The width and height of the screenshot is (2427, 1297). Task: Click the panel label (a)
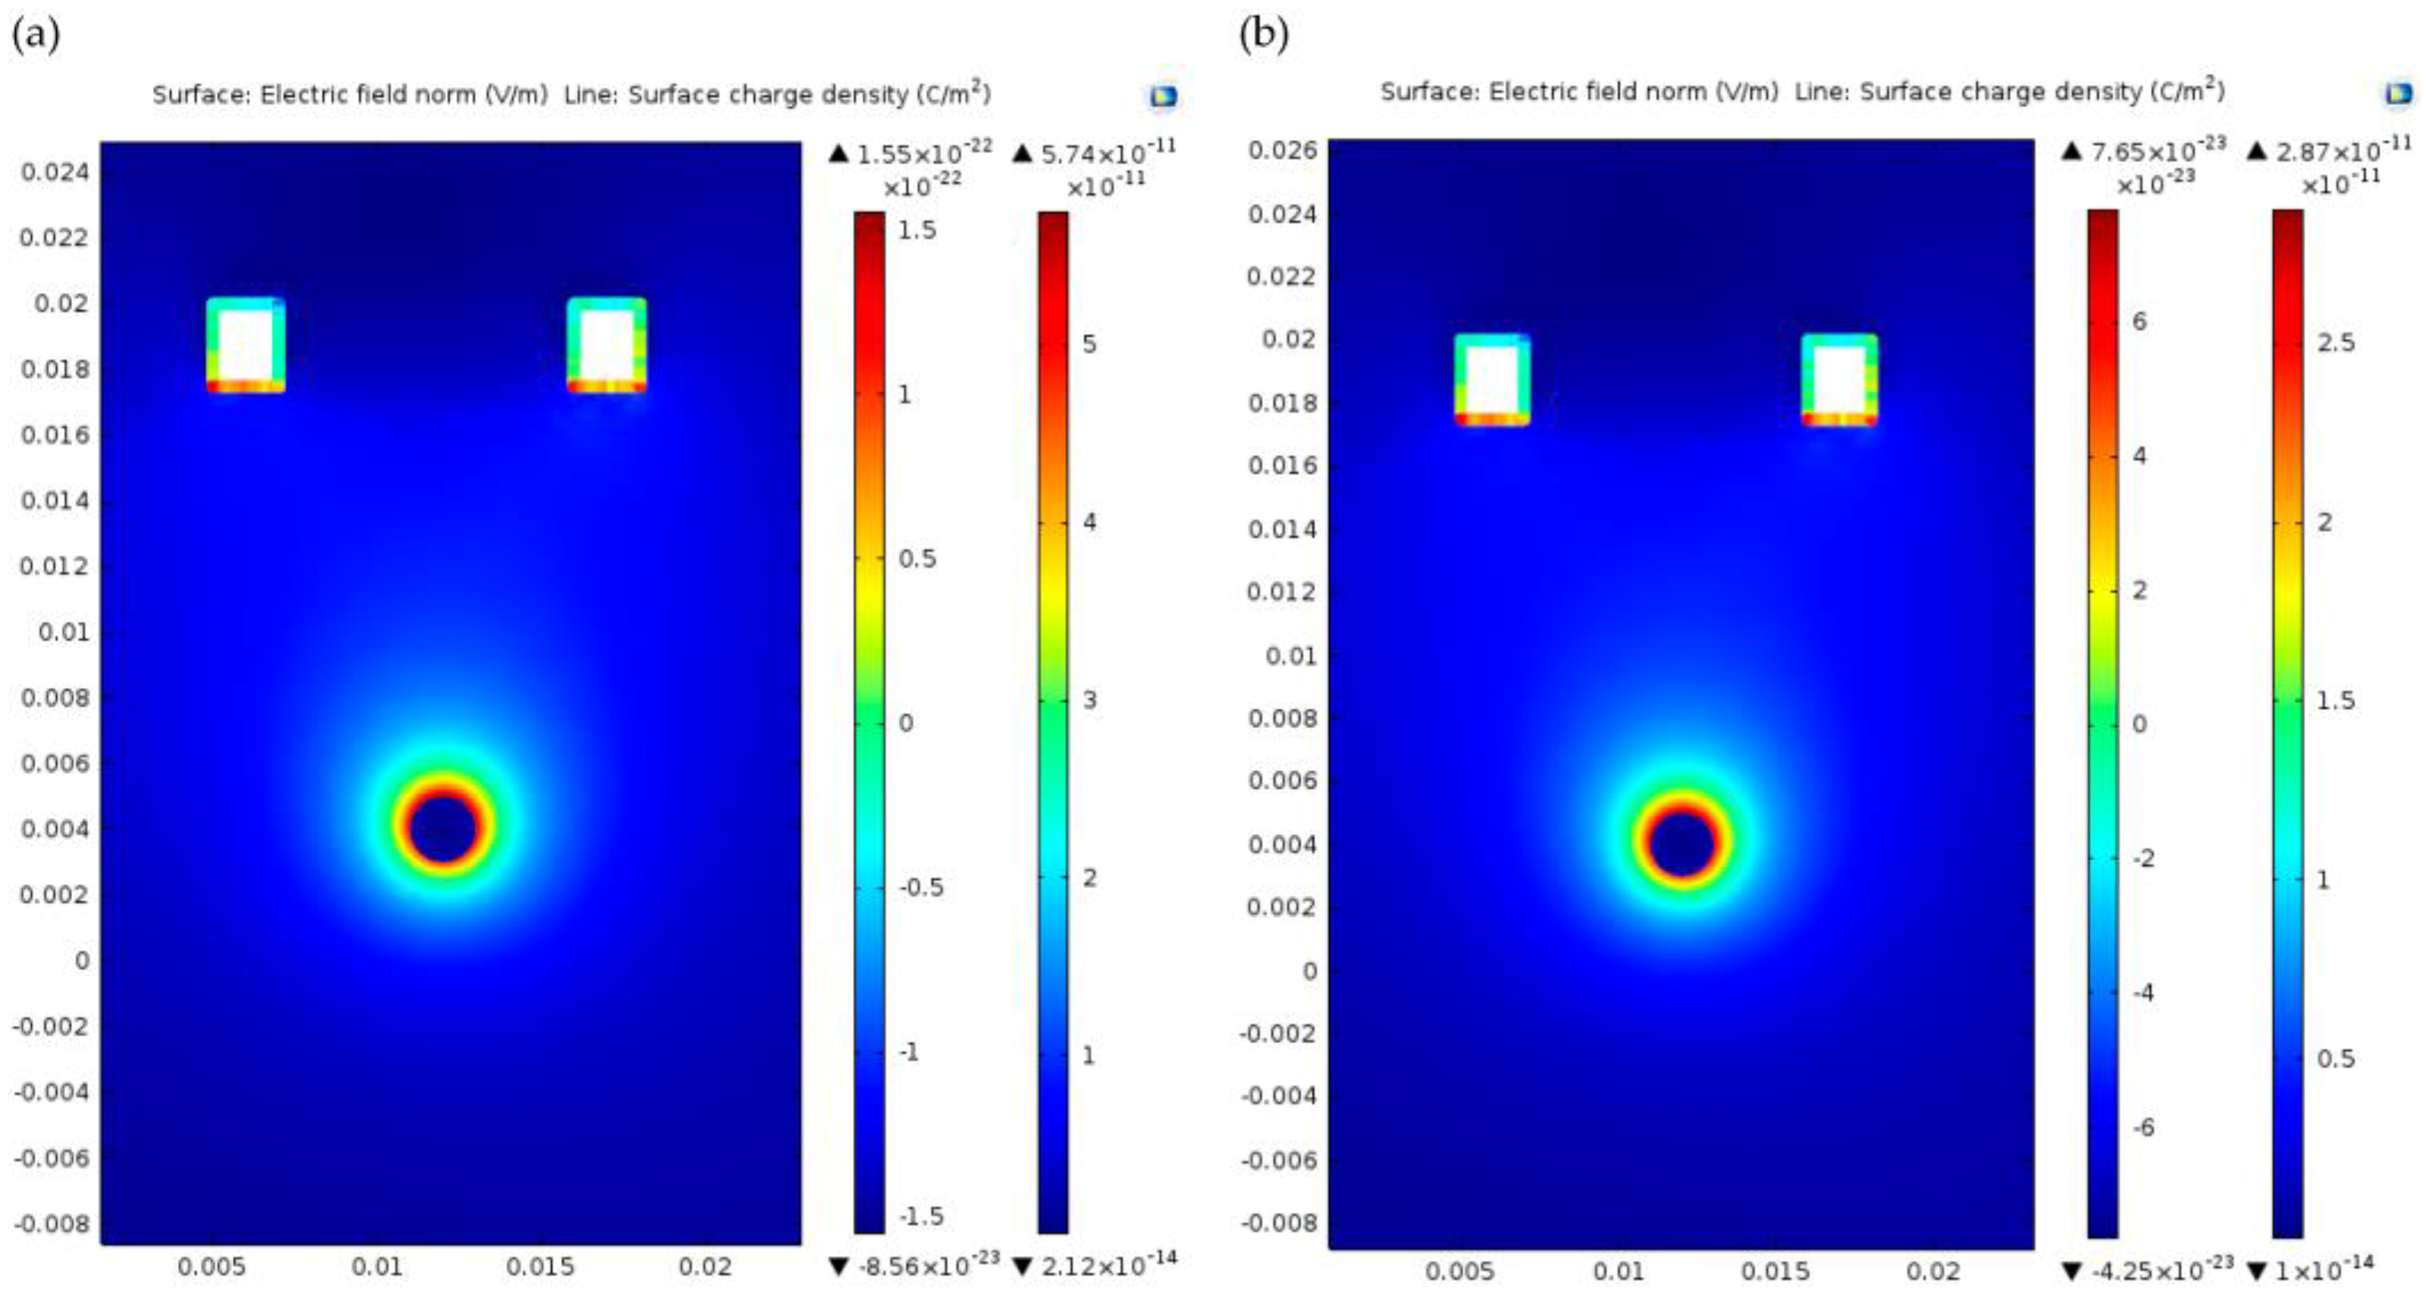point(36,36)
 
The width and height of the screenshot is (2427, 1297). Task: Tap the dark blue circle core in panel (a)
point(444,826)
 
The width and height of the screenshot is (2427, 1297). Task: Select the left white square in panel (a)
point(246,345)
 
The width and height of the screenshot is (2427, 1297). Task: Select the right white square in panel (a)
point(607,345)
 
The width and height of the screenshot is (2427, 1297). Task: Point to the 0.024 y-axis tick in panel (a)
point(55,173)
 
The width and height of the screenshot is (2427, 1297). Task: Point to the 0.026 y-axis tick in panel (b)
point(1282,151)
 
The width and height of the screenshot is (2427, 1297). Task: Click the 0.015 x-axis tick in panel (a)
point(540,1267)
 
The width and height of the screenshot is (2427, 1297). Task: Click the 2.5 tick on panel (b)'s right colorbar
point(2336,342)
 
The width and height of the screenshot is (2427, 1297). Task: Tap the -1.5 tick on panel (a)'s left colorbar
point(920,1216)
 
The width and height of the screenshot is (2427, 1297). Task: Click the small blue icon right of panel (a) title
point(1163,96)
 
